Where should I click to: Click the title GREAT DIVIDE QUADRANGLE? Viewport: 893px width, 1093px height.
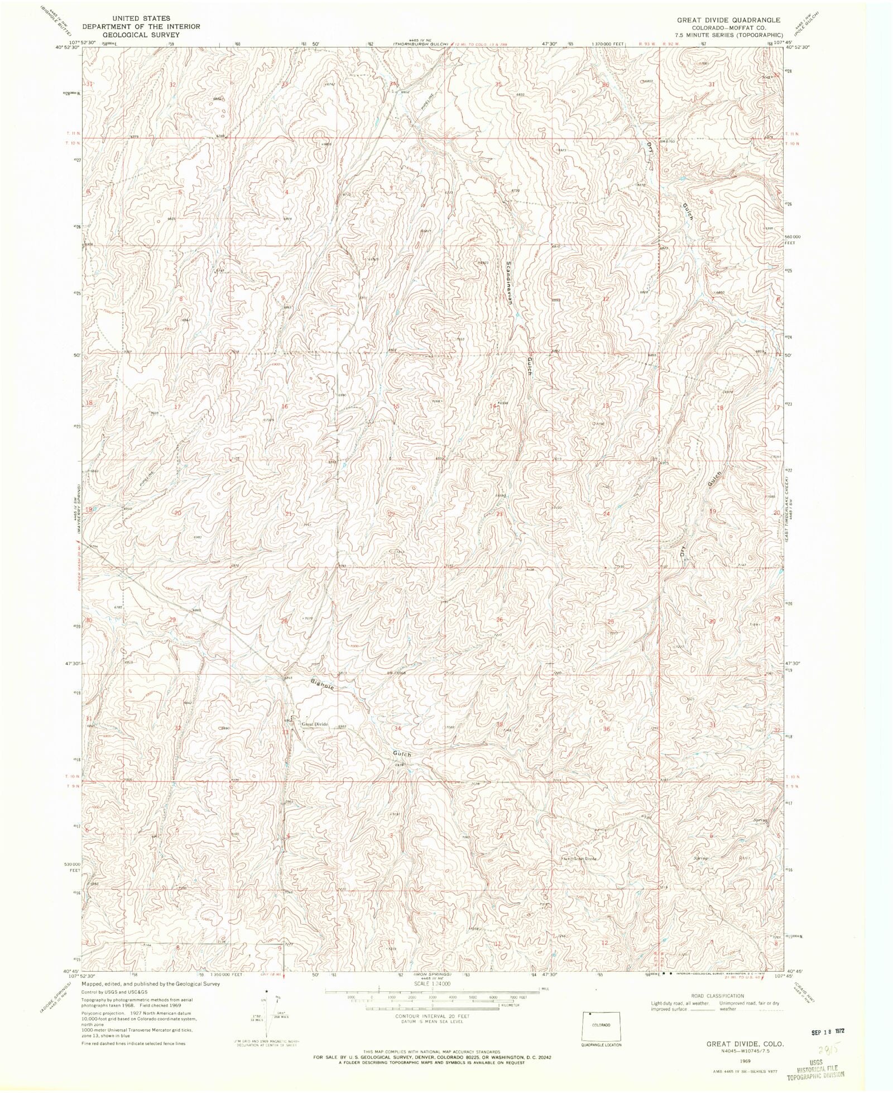pos(728,20)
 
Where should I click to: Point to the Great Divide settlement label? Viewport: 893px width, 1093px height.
pos(315,724)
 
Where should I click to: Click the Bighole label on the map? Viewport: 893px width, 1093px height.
pos(323,685)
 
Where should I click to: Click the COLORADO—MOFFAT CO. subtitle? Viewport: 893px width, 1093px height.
pos(728,27)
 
